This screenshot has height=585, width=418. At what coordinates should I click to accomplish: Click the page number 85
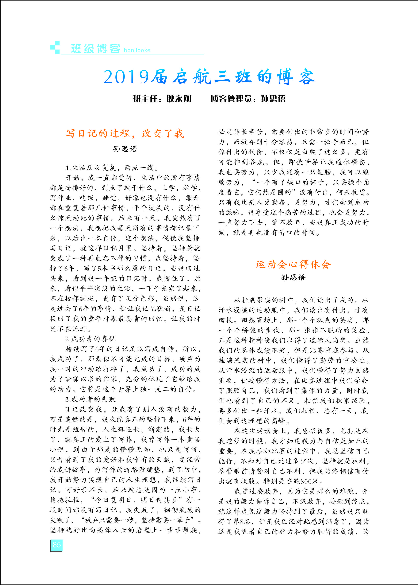(56, 544)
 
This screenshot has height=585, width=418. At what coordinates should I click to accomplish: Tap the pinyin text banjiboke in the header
(137, 50)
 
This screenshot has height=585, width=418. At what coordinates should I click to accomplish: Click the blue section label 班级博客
(95, 49)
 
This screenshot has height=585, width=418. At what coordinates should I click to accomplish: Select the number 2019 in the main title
(126, 77)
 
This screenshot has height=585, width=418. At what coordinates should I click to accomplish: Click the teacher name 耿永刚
(179, 99)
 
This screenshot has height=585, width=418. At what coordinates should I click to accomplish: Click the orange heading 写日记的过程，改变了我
(125, 133)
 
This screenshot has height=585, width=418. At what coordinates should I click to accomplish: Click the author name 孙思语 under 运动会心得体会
(293, 277)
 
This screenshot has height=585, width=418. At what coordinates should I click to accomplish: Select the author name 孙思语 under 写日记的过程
(125, 149)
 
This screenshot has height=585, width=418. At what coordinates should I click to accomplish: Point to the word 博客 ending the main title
(296, 77)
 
